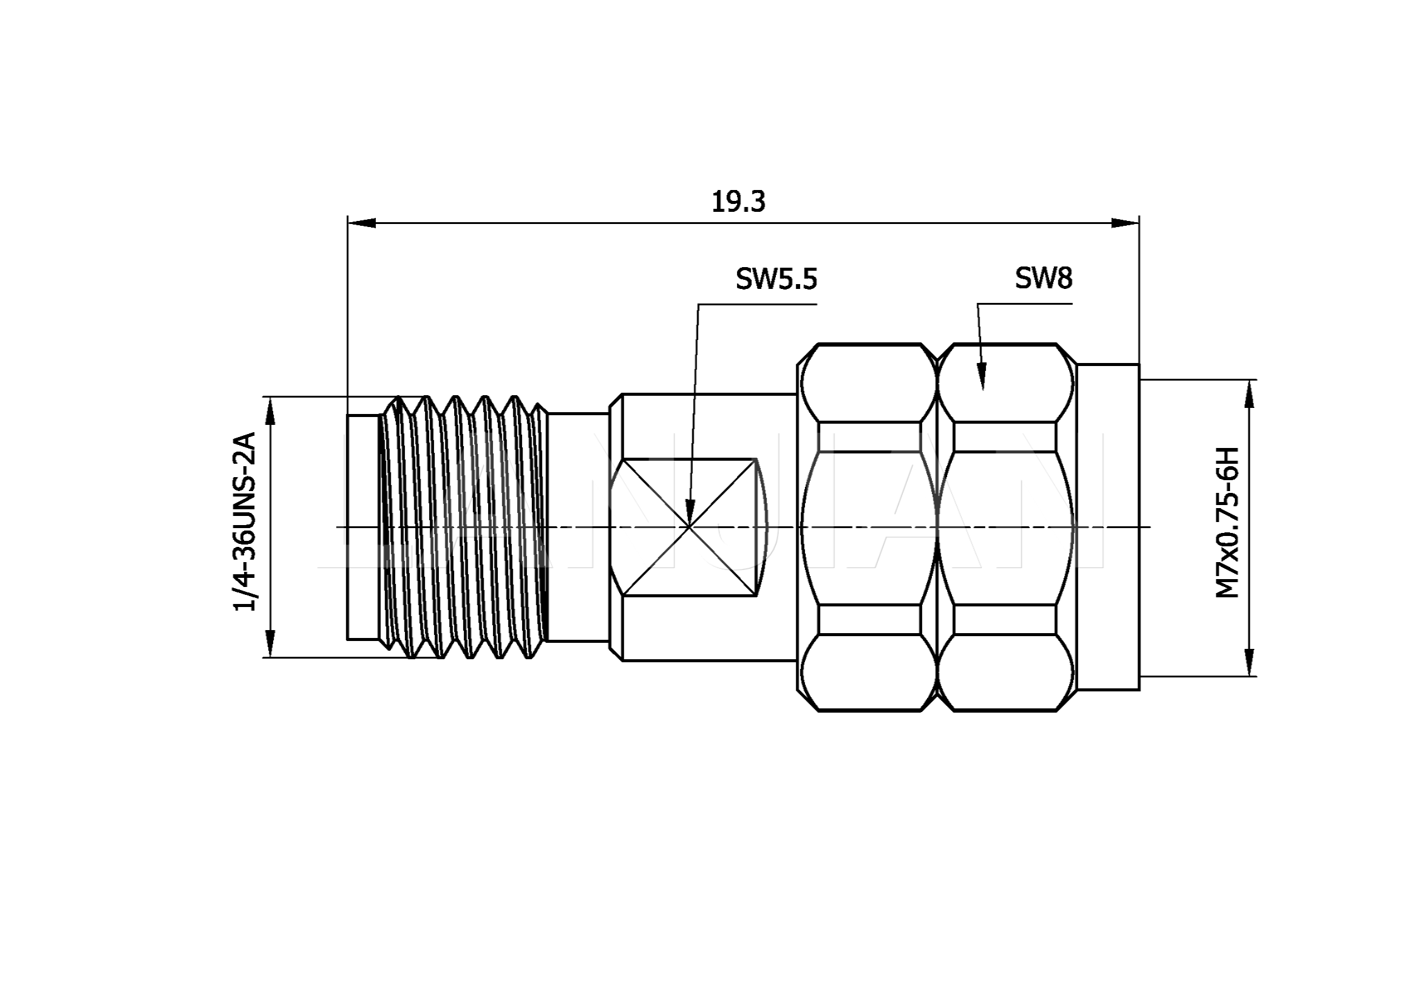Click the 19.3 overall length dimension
coord(738,202)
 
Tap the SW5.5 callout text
coord(776,279)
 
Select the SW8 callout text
coord(1044,279)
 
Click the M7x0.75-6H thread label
coord(1228,523)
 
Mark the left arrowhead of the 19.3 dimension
coord(362,223)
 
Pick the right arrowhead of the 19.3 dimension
coord(1125,223)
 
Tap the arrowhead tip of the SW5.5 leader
coord(689,526)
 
